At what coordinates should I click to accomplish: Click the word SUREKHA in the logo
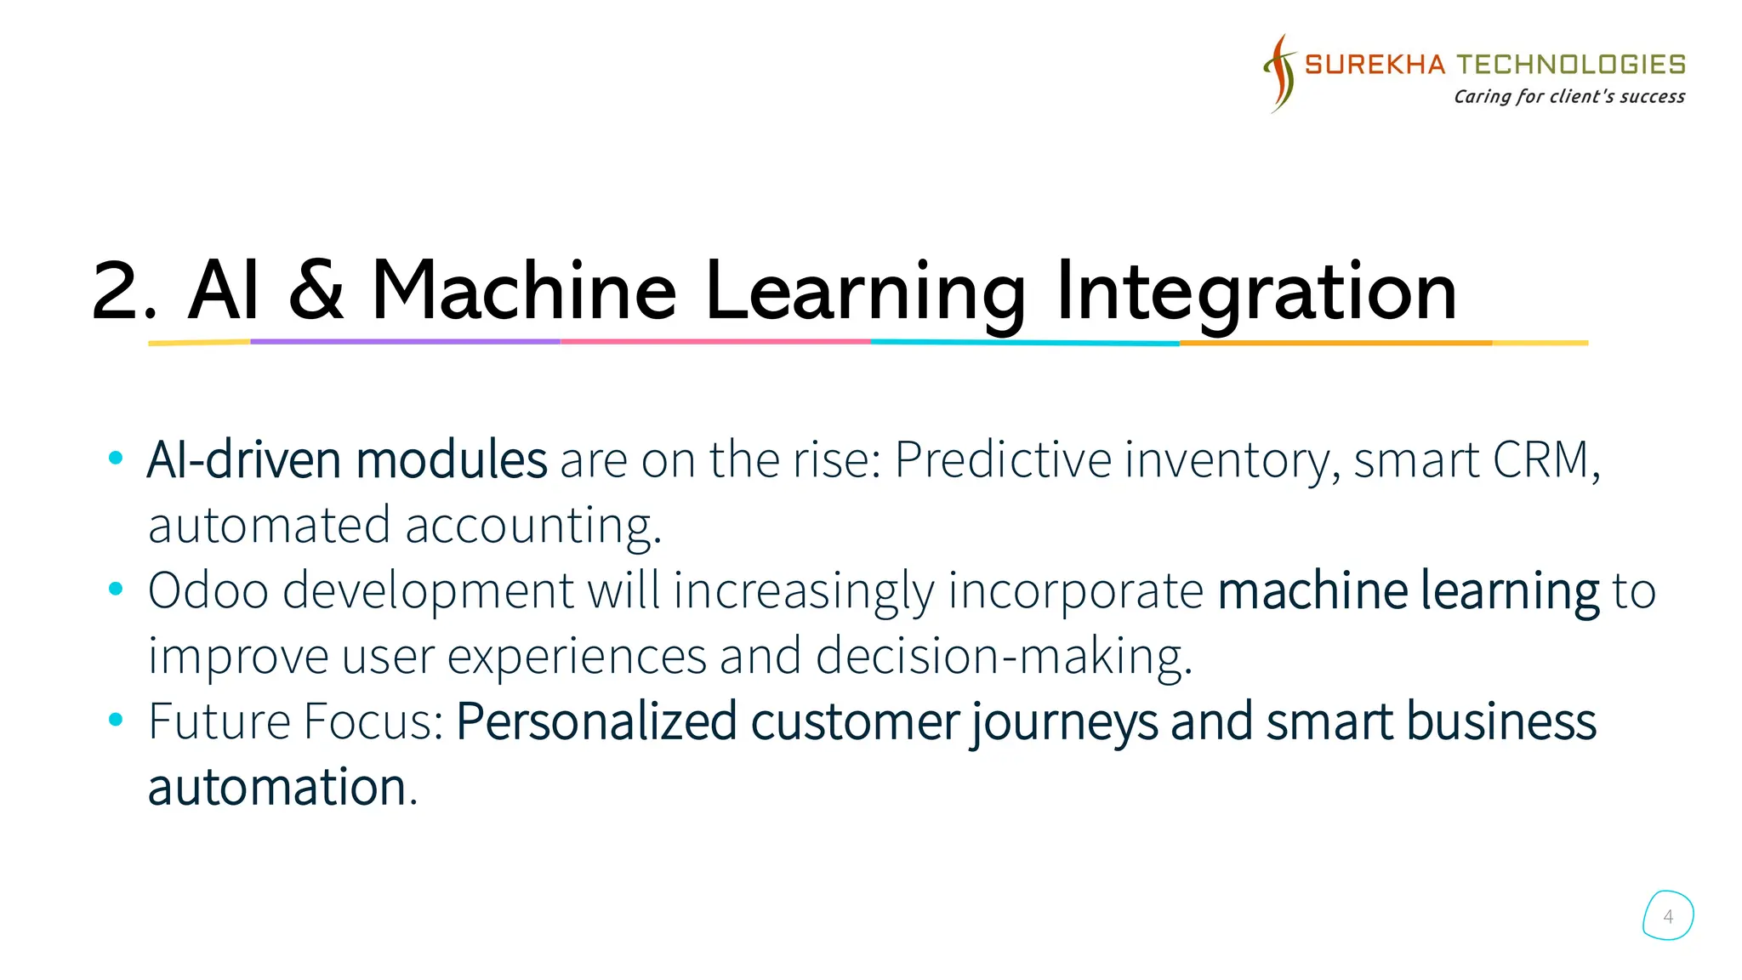click(x=1375, y=65)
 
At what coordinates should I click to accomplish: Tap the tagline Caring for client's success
click(x=1568, y=96)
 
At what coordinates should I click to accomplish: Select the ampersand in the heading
click(x=316, y=291)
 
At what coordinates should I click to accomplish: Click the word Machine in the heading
click(x=523, y=291)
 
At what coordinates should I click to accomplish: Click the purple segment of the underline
click(x=405, y=342)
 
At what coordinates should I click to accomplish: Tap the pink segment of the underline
click(x=714, y=342)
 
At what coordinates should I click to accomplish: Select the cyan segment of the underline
click(x=1024, y=343)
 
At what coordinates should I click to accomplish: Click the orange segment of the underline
click(x=1335, y=343)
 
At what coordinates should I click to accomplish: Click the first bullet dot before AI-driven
click(x=116, y=459)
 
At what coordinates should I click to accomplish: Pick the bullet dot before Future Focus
click(x=116, y=721)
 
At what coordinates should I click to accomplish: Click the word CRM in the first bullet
click(x=1541, y=460)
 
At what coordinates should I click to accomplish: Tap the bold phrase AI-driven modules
click(x=346, y=460)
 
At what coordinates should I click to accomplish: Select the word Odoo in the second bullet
click(x=208, y=590)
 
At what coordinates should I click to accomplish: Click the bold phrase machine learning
click(x=1408, y=590)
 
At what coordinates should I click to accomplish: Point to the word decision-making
click(x=1003, y=656)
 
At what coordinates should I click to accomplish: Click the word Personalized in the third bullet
click(x=596, y=721)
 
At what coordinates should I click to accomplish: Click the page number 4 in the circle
click(x=1668, y=916)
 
